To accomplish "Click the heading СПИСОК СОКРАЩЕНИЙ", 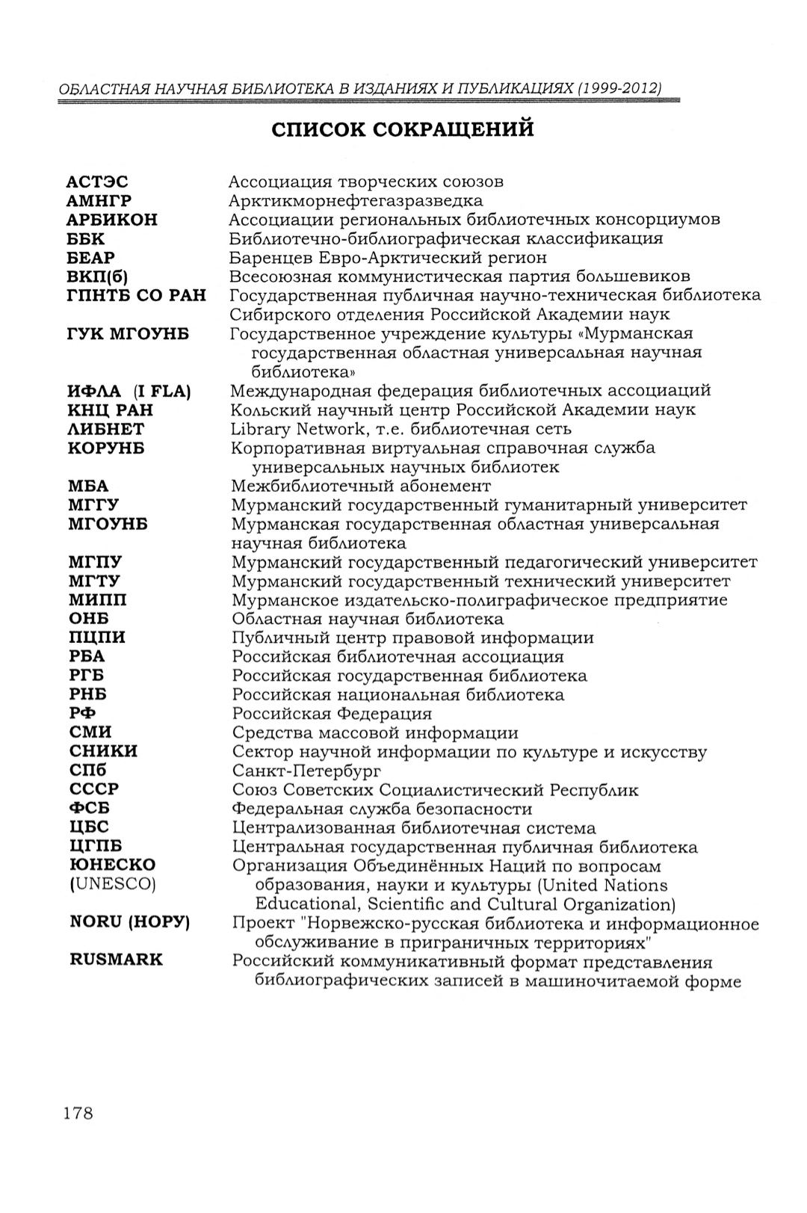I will pyautogui.click(x=403, y=129).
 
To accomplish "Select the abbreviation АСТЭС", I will pyautogui.click(x=97, y=182).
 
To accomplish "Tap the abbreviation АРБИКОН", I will pyautogui.click(x=112, y=220).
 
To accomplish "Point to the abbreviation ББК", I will pyautogui.click(x=86, y=239).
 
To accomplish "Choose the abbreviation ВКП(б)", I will pyautogui.click(x=99, y=277).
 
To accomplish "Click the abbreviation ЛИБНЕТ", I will pyautogui.click(x=106, y=429).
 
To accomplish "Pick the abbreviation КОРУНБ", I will pyautogui.click(x=106, y=448).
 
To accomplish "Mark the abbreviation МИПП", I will pyautogui.click(x=97, y=600).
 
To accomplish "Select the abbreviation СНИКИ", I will pyautogui.click(x=103, y=751).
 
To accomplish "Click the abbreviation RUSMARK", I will pyautogui.click(x=116, y=960).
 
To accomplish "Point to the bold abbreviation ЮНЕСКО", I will pyautogui.click(x=112, y=865).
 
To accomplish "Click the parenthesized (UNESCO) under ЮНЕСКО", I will pyautogui.click(x=112, y=884).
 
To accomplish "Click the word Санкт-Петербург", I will pyautogui.click(x=306, y=771).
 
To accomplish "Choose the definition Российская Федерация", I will pyautogui.click(x=332, y=714).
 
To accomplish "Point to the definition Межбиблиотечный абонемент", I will pyautogui.click(x=350, y=486).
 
